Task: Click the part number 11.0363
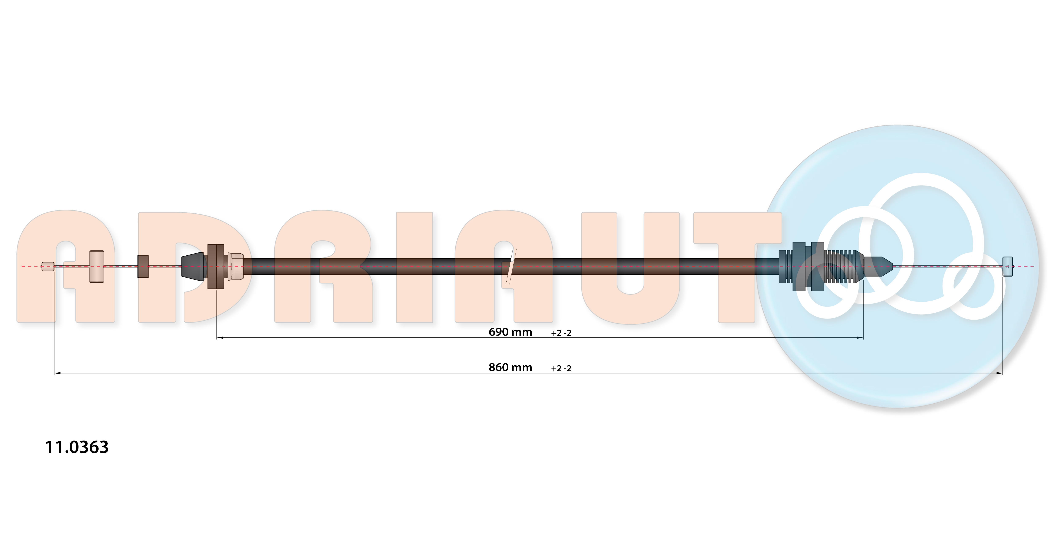(77, 447)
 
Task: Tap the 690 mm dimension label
(510, 332)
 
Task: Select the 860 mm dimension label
(510, 368)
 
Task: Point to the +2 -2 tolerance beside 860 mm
(561, 368)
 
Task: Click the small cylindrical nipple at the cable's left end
(47, 266)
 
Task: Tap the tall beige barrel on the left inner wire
(97, 266)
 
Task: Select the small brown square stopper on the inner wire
(143, 266)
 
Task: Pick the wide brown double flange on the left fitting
(216, 266)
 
